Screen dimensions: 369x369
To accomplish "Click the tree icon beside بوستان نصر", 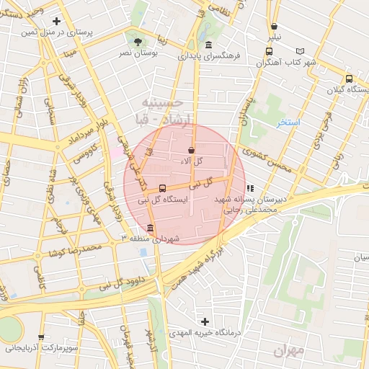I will (x=138, y=42).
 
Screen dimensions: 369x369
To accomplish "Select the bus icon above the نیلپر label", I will (x=269, y=51).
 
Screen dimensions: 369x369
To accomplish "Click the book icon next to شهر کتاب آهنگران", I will (x=300, y=52).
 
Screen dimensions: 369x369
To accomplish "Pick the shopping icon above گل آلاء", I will (x=190, y=149).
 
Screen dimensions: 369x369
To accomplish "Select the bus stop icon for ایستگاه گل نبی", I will (x=161, y=188).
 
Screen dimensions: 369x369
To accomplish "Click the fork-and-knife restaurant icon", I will (x=249, y=187).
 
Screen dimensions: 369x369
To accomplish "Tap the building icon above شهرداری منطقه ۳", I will (x=149, y=228).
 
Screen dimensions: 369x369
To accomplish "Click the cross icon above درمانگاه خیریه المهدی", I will (x=205, y=321).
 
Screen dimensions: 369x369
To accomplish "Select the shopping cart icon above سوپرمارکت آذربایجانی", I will (x=40, y=337).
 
